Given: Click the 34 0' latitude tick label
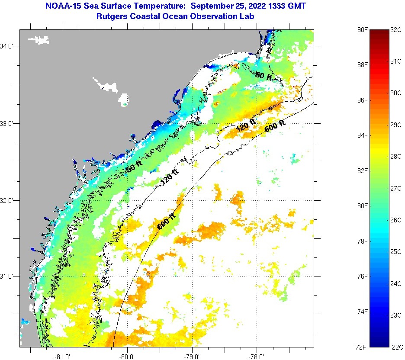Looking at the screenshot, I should (x=9, y=46).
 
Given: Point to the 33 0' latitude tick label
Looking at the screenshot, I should (x=9, y=123).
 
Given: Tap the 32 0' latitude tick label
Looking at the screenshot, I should (x=9, y=200).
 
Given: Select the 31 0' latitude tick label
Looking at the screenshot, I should (x=9, y=276).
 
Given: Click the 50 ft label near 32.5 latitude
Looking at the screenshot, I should (x=133, y=168).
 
